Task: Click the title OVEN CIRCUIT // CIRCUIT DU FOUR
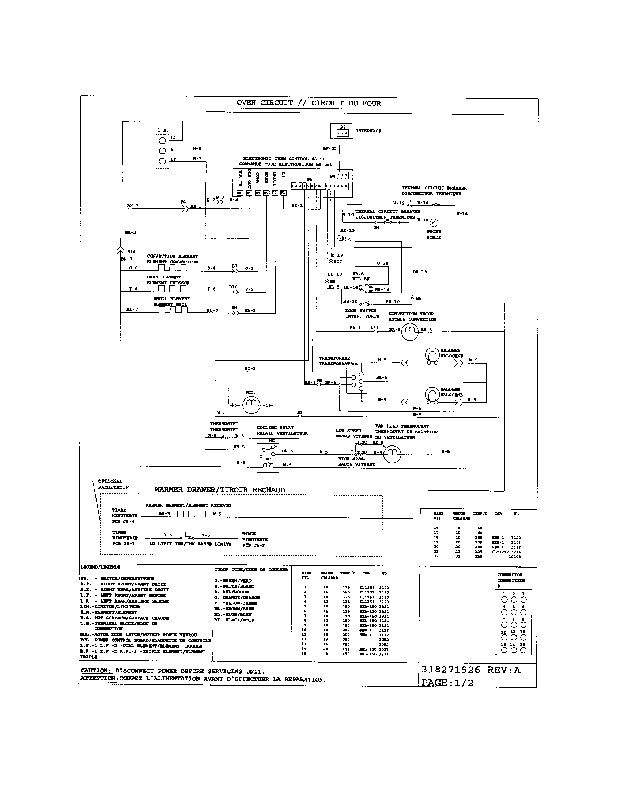[x=309, y=103]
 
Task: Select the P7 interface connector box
[x=342, y=131]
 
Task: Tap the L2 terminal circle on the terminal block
[x=162, y=161]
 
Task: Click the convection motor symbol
[x=409, y=331]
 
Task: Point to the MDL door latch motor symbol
[x=251, y=405]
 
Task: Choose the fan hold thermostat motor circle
[x=392, y=454]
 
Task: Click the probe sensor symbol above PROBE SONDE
[x=434, y=223]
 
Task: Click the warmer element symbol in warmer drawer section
[x=190, y=513]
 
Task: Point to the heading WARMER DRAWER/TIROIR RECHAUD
[x=219, y=490]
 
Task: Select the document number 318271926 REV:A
[x=471, y=670]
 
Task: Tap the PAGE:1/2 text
[x=447, y=683]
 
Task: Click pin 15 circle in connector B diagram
[x=523, y=650]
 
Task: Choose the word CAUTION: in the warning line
[x=95, y=671]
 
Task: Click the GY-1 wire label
[x=250, y=368]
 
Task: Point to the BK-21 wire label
[x=329, y=149]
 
